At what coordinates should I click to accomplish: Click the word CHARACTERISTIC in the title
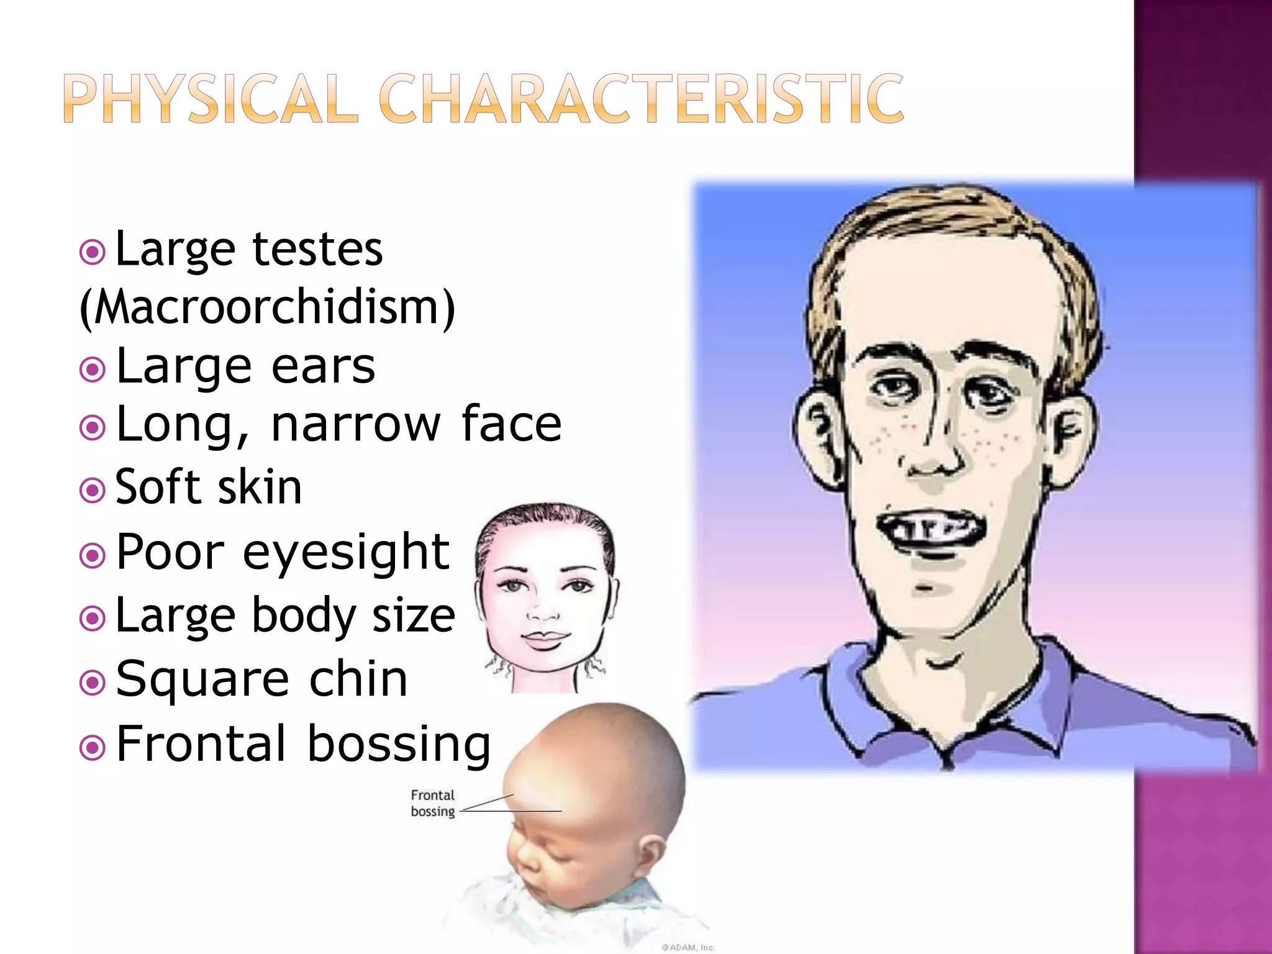641,99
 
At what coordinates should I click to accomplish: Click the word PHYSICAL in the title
211,99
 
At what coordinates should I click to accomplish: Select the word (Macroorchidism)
268,307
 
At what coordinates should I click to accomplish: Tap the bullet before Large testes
93,252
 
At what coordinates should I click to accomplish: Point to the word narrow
355,424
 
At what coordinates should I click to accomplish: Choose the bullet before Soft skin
93,491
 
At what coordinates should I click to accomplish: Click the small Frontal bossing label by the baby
433,803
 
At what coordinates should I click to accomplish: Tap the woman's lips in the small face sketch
545,638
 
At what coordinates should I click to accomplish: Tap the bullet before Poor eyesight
93,555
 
